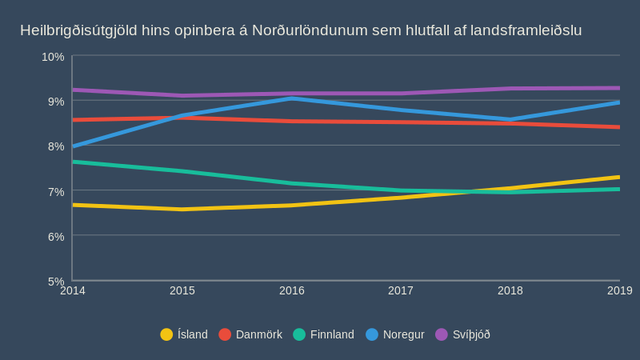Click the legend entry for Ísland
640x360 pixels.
(x=184, y=334)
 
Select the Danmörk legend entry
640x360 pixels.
(x=250, y=334)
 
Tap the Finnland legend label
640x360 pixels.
(x=323, y=334)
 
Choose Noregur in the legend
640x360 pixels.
(x=395, y=334)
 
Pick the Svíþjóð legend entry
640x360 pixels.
(x=462, y=334)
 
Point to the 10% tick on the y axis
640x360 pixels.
(x=53, y=57)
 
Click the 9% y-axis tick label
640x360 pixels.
(x=56, y=102)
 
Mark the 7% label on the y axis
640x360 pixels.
(x=56, y=192)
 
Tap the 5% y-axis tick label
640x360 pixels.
(x=56, y=282)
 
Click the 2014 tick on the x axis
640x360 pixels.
(x=73, y=290)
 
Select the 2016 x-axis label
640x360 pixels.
(x=292, y=290)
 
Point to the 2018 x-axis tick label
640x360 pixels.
(x=510, y=290)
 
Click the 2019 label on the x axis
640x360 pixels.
(x=619, y=290)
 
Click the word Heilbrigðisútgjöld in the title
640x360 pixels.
(x=78, y=30)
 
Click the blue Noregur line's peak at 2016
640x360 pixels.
(x=292, y=98)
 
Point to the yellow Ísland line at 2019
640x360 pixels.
(x=618, y=178)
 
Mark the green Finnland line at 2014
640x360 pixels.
(x=74, y=162)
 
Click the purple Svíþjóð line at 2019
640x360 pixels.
(x=618, y=88)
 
